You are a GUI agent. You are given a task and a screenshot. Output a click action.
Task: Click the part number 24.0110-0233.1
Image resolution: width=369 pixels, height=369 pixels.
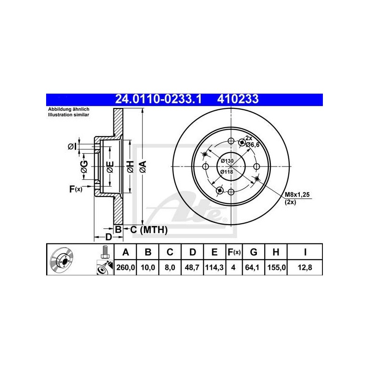pyautogui.click(x=158, y=99)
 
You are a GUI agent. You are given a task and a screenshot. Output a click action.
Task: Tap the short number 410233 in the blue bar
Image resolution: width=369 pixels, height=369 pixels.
pyautogui.click(x=238, y=99)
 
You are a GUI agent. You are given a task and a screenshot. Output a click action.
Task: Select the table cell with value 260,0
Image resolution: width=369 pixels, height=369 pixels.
pyautogui.click(x=125, y=268)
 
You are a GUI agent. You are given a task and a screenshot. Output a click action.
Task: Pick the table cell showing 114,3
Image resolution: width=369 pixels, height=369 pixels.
pyautogui.click(x=214, y=268)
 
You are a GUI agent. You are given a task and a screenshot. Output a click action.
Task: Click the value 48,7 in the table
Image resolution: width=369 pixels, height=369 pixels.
pyautogui.click(x=192, y=268)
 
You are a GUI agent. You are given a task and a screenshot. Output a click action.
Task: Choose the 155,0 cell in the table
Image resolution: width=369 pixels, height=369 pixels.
pyautogui.click(x=276, y=268)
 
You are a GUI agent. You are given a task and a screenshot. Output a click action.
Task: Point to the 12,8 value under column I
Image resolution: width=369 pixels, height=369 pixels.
pyautogui.click(x=305, y=268)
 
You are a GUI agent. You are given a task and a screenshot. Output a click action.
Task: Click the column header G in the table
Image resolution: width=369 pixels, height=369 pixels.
pyautogui.click(x=253, y=252)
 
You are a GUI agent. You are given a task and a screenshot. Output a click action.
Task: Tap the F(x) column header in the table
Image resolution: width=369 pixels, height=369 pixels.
pyautogui.click(x=234, y=252)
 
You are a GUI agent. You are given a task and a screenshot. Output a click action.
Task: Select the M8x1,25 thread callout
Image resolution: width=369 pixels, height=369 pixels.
pyautogui.click(x=297, y=195)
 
